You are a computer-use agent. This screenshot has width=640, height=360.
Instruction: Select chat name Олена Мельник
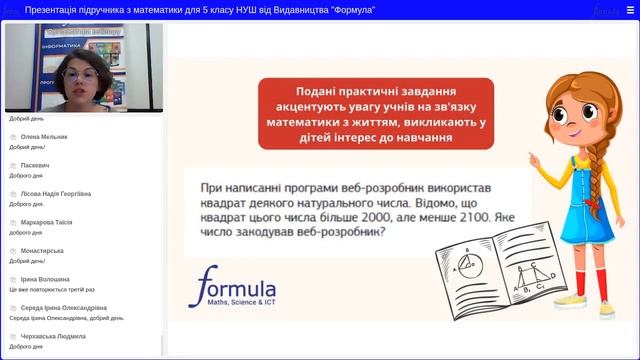point(45,136)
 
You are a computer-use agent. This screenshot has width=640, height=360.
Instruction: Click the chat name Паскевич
point(35,164)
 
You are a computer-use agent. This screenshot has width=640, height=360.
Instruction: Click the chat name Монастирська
point(42,250)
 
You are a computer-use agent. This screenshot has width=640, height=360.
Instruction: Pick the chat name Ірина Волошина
point(46,279)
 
